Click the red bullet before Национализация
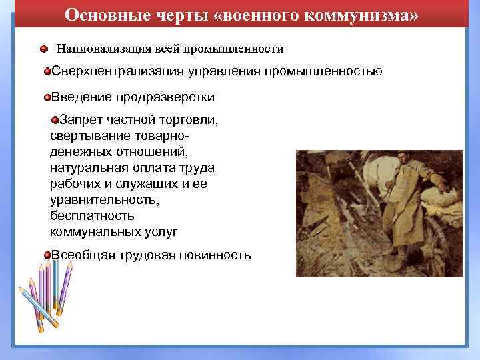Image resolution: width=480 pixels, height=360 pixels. [43, 49]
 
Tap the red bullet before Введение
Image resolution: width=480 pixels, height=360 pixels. [47, 98]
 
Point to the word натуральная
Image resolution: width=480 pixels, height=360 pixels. [86, 167]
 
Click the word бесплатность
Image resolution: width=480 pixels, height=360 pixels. [92, 216]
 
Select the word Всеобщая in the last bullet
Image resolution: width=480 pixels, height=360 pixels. [85, 255]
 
